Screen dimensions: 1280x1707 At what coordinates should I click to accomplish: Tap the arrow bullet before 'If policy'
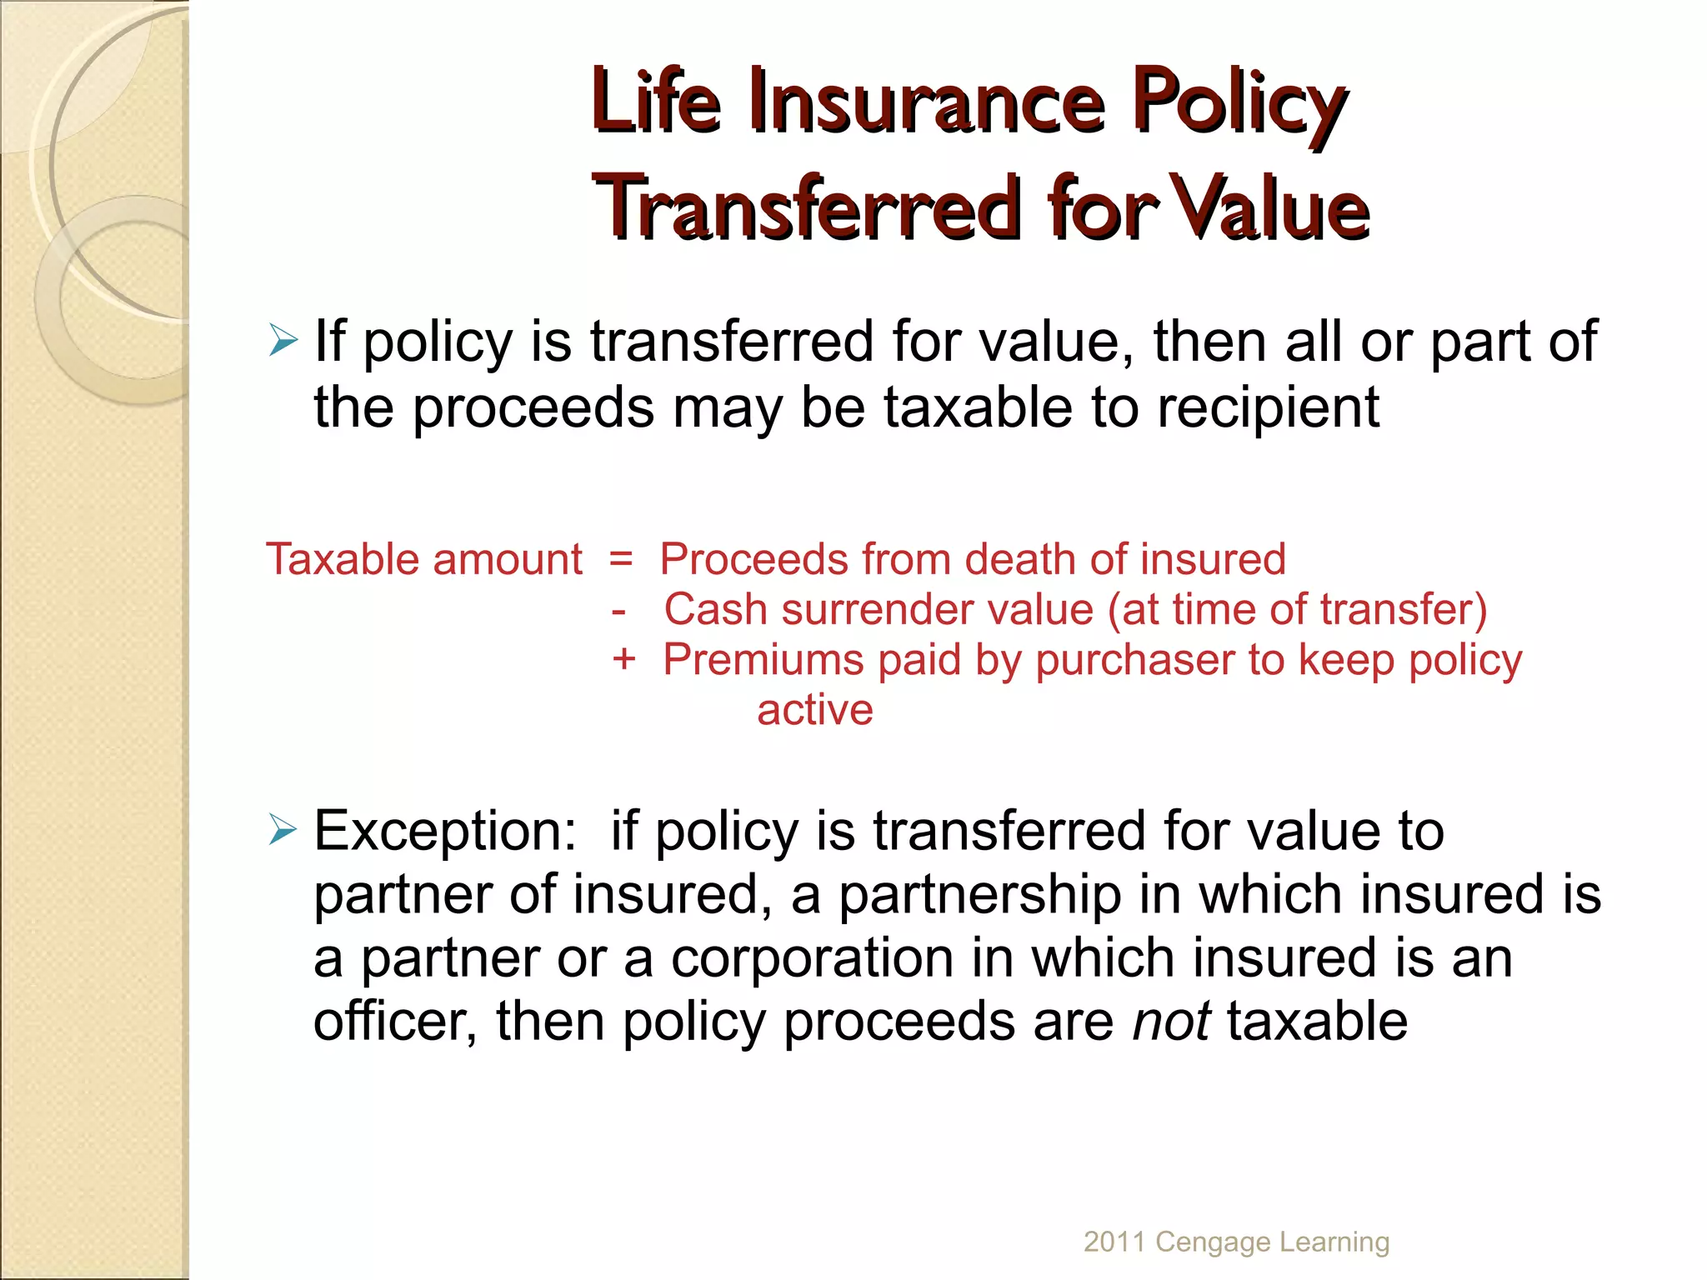point(283,341)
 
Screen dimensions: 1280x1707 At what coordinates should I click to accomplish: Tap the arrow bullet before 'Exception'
point(283,830)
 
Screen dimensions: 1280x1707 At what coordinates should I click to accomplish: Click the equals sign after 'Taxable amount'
point(621,559)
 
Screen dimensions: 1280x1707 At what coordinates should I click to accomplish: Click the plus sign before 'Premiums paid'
point(623,660)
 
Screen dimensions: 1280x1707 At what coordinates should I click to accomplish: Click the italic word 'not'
point(1170,1022)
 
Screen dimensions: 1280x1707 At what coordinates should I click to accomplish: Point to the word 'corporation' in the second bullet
point(813,958)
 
